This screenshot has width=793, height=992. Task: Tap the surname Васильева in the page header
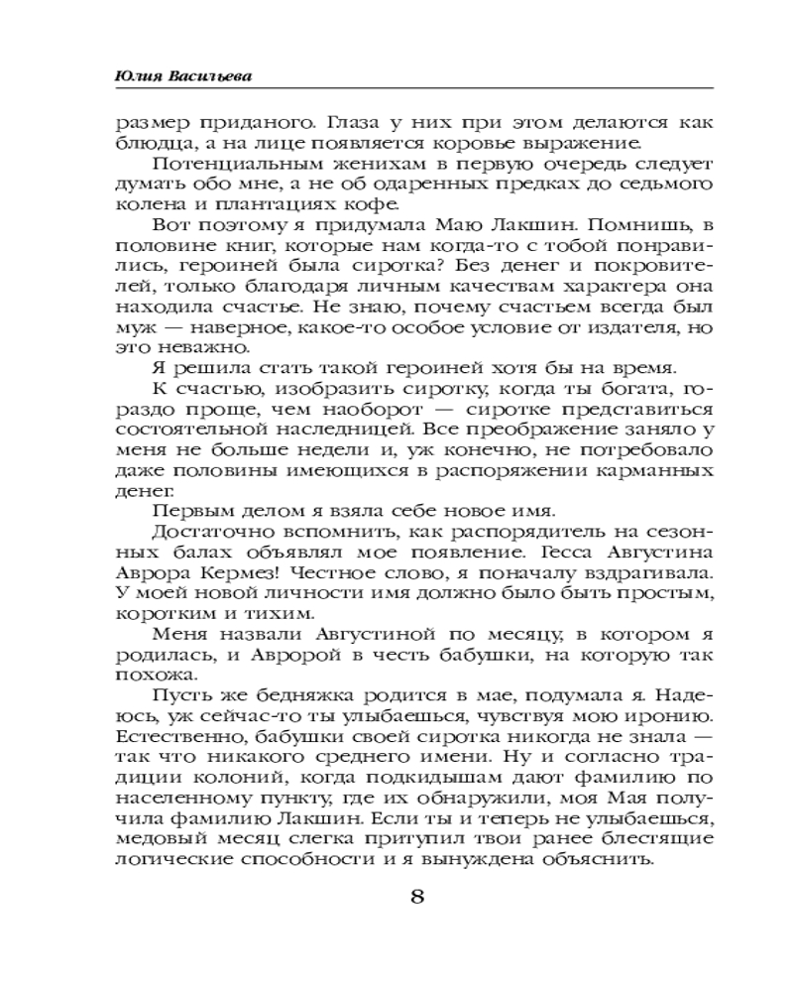coord(202,74)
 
